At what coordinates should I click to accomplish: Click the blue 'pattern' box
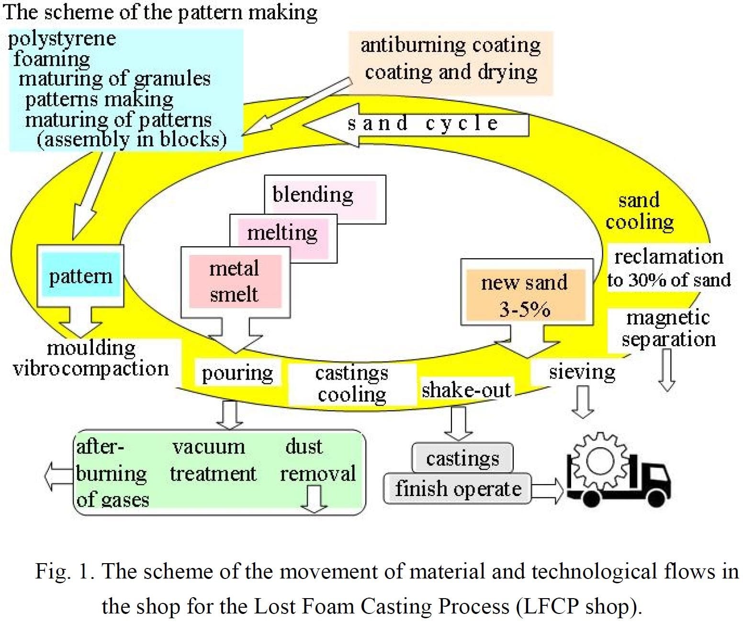(80, 276)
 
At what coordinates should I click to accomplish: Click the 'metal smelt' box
(235, 281)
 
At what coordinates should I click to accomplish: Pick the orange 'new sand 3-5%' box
(525, 295)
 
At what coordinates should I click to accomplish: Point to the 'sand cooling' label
(639, 211)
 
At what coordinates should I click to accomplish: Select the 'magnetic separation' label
(668, 328)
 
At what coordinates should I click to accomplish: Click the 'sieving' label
(582, 371)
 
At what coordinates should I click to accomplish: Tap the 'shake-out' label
(466, 390)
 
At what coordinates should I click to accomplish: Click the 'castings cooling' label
(352, 383)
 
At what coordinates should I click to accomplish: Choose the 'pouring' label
(237, 373)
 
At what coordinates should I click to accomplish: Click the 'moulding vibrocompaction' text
(91, 358)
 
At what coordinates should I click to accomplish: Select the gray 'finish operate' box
(458, 488)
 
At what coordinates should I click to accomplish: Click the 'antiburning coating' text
(450, 45)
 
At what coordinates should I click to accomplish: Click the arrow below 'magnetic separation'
(667, 370)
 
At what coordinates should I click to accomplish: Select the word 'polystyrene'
(62, 39)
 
